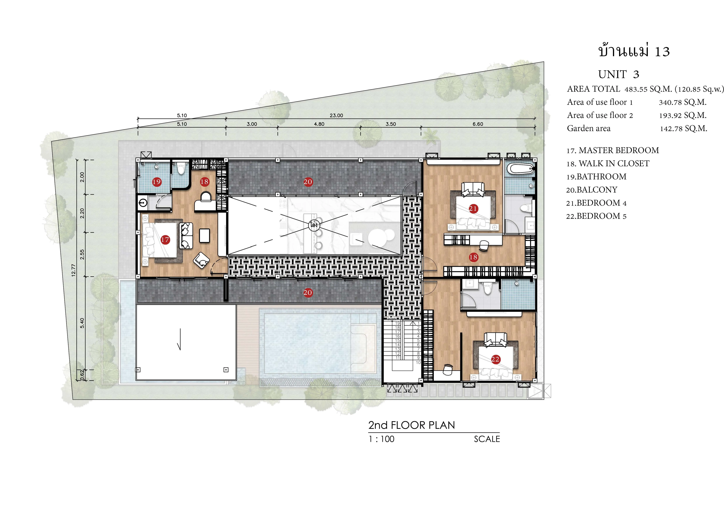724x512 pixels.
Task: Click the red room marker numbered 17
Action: (x=165, y=240)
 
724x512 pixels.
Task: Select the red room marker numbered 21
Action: (x=473, y=208)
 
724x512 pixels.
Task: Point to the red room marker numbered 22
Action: (x=495, y=359)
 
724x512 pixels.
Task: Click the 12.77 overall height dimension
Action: (x=73, y=270)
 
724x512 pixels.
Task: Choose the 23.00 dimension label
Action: (x=336, y=115)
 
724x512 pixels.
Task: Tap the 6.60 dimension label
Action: (x=478, y=124)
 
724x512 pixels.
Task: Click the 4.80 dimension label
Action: (x=319, y=124)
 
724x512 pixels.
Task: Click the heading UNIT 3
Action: (x=619, y=74)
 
